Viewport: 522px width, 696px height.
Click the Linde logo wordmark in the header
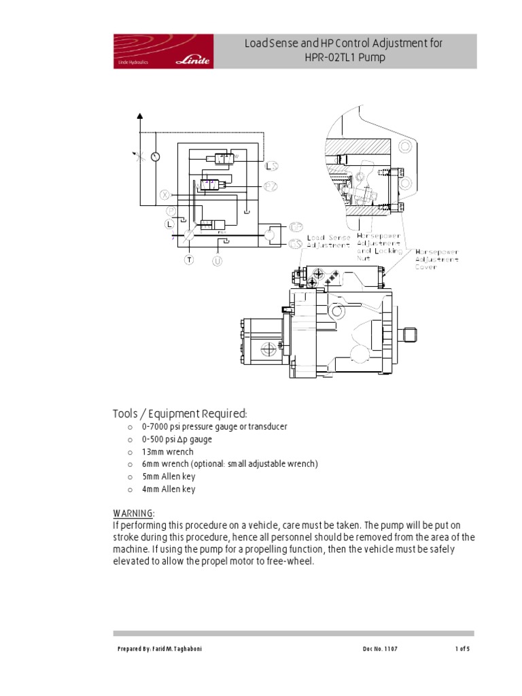point(193,60)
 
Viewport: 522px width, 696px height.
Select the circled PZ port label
point(271,186)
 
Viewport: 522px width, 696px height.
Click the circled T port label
point(189,260)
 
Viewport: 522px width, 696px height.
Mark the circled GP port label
point(296,226)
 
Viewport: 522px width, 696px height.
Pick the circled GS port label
point(296,244)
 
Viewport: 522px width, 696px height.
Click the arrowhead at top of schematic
point(140,116)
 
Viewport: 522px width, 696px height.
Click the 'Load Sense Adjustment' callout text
point(329,241)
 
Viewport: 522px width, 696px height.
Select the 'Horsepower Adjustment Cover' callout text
point(437,258)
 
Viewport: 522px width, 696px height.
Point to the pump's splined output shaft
point(409,335)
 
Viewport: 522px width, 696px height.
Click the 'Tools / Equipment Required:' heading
point(179,414)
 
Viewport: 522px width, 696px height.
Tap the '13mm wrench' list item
point(167,451)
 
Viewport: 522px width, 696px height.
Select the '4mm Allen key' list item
point(168,489)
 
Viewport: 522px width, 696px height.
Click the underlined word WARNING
point(133,512)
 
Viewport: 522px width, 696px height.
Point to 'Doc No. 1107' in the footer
point(380,649)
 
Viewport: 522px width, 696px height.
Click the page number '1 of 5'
point(462,649)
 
